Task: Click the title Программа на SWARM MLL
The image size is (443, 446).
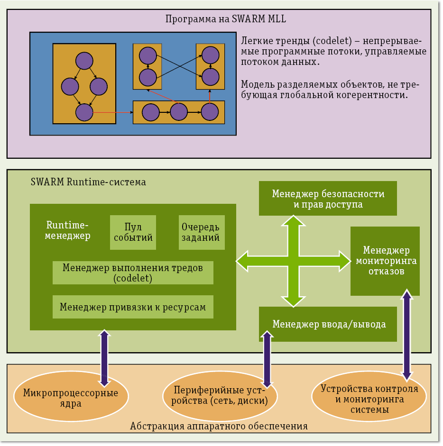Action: point(225,19)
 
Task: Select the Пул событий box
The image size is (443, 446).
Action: point(133,232)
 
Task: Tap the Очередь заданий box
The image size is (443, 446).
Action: point(202,232)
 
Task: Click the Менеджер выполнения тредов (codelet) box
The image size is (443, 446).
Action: point(133,273)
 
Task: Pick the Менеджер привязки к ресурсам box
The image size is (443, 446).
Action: point(133,307)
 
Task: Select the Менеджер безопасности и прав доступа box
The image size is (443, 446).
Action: point(328,199)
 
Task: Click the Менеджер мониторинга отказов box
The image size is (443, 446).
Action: point(385,261)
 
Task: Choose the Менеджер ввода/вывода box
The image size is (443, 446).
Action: point(328,324)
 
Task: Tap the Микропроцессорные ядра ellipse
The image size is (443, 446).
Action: point(71,398)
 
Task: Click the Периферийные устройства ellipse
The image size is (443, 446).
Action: point(221,396)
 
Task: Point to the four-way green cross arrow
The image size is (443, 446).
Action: point(295,261)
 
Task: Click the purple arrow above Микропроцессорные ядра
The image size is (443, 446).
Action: point(104,358)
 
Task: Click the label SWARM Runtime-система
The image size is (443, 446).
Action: point(88,182)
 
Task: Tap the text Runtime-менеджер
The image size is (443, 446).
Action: point(68,230)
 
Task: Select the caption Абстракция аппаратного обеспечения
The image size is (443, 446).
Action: point(219,426)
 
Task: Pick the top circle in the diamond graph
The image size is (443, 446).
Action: point(84,61)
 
